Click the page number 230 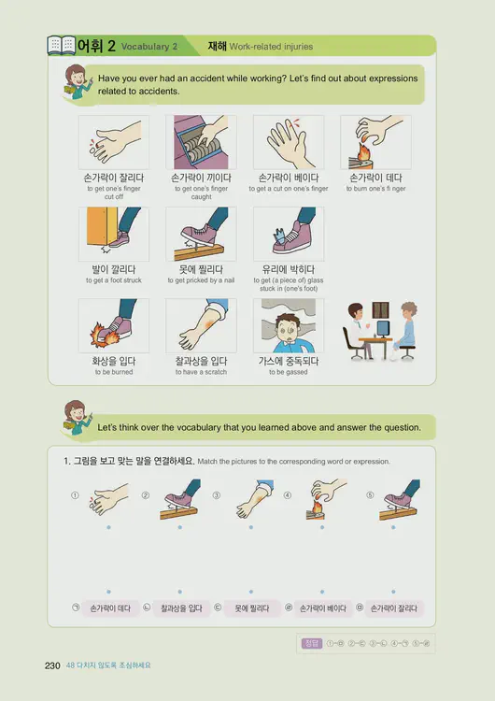pyautogui.click(x=53, y=665)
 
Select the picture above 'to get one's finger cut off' pyautogui.click(x=114, y=142)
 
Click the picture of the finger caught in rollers pyautogui.click(x=201, y=142)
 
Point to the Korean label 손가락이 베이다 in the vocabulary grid pyautogui.click(x=289, y=178)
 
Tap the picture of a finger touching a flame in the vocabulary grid pyautogui.click(x=375, y=142)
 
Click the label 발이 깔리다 pyautogui.click(x=114, y=269)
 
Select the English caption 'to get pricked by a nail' pyautogui.click(x=201, y=279)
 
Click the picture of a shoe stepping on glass pyautogui.click(x=289, y=234)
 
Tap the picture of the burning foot pyautogui.click(x=114, y=325)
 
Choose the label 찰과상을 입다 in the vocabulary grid pyautogui.click(x=201, y=361)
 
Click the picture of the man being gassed pyautogui.click(x=289, y=325)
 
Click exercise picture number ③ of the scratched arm pyautogui.click(x=251, y=501)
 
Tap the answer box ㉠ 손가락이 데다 pyautogui.click(x=108, y=608)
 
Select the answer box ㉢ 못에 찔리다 pyautogui.click(x=250, y=608)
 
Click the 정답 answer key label pyautogui.click(x=312, y=643)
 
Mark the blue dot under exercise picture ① pyautogui.click(x=108, y=528)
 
